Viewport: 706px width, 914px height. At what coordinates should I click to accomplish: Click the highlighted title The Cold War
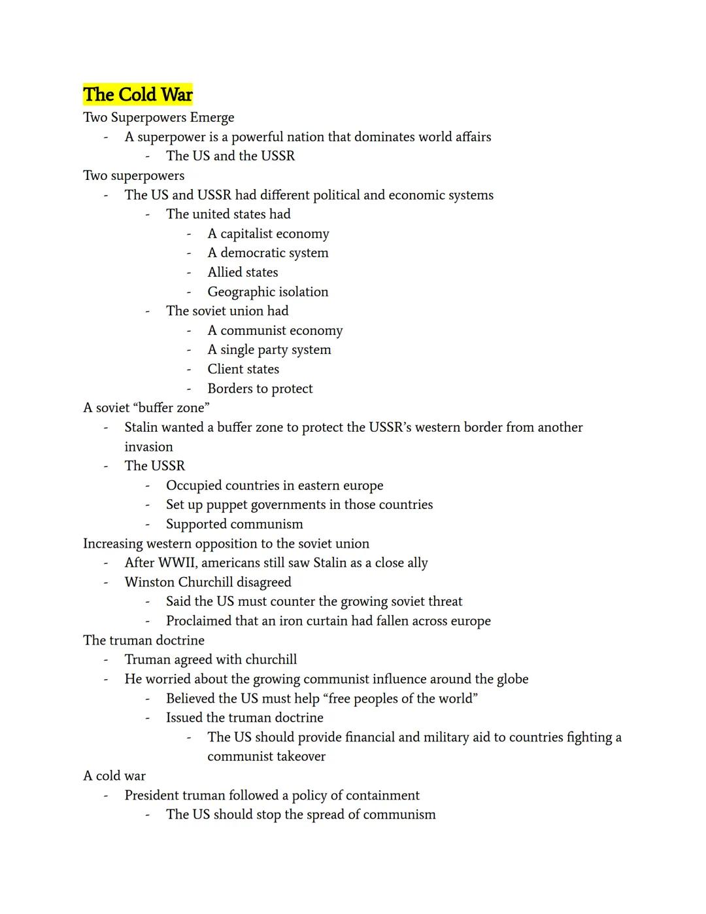138,94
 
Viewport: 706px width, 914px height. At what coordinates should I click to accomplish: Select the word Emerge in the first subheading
212,118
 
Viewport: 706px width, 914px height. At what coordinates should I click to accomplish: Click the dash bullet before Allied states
189,272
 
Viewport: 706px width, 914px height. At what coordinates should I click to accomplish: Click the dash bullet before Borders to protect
189,389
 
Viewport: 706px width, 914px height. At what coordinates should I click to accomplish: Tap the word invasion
149,447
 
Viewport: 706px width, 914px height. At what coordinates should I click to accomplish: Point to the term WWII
178,563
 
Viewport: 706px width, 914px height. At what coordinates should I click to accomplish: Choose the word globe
512,679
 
